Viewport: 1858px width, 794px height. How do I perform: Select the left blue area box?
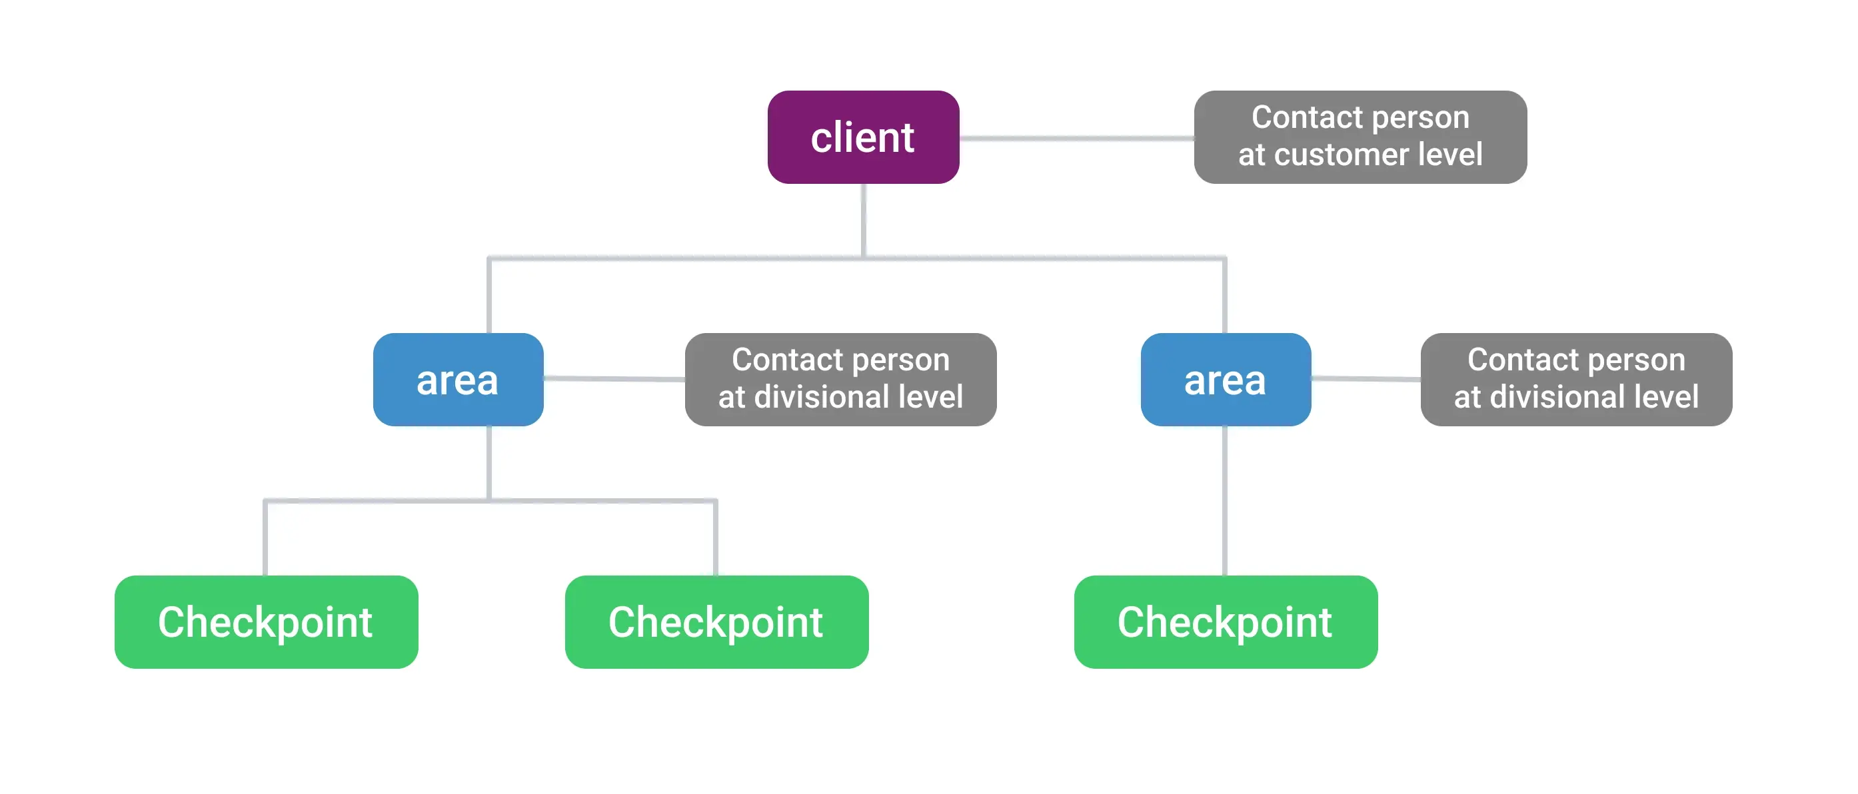458,379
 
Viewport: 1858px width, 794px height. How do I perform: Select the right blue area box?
1226,379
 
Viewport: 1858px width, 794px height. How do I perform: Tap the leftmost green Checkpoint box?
266,621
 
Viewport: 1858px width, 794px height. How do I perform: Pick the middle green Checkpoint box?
716,621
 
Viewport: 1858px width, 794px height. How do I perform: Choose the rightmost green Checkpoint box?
1226,621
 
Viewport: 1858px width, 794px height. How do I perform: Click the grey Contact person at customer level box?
1360,137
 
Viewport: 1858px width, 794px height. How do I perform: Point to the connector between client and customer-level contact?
1076,138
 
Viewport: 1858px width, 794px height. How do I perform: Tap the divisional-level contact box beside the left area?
840,379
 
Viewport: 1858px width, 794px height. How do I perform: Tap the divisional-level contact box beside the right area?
1576,379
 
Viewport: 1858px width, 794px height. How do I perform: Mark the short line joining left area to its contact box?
614,378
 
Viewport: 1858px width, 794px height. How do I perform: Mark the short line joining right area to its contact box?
1366,378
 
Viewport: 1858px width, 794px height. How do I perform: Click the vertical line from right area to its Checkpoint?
1225,500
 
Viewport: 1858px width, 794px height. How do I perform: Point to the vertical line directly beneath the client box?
864,220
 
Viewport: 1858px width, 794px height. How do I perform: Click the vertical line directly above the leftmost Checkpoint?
266,538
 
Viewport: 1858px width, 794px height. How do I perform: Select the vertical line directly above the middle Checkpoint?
716,538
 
